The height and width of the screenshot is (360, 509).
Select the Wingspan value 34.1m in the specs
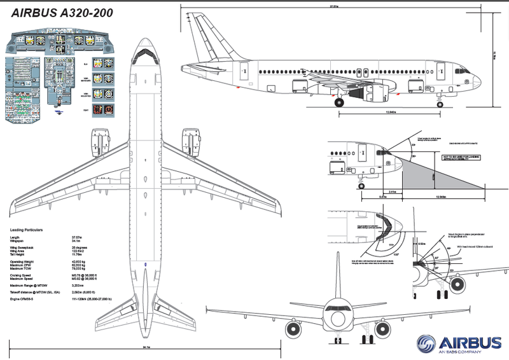coord(76,242)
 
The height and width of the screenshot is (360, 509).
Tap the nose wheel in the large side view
coord(440,102)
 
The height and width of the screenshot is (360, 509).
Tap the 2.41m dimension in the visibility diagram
coord(393,191)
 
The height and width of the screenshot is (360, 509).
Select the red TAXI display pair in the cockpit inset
coord(103,109)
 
